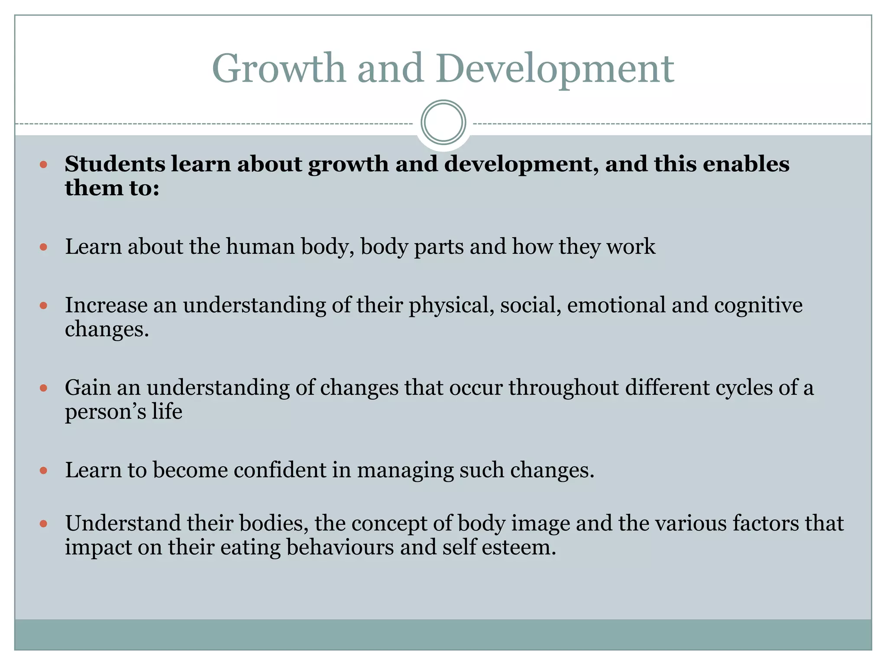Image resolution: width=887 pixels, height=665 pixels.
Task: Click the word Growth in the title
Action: pyautogui.click(x=278, y=68)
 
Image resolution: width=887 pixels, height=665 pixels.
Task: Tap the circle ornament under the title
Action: pyautogui.click(x=443, y=122)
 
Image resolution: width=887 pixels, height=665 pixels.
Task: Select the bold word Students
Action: pyautogui.click(x=115, y=164)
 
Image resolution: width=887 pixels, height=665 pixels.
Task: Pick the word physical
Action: pyautogui.click(x=451, y=306)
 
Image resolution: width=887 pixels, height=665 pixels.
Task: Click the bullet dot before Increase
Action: pyautogui.click(x=43, y=306)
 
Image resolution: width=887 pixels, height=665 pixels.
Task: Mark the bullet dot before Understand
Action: pyautogui.click(x=43, y=524)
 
